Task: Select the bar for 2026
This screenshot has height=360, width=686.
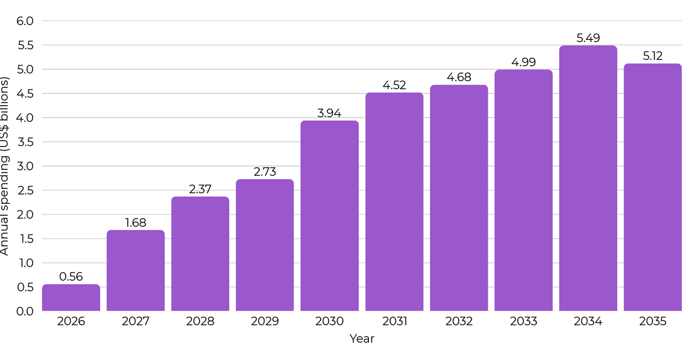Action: [x=71, y=298]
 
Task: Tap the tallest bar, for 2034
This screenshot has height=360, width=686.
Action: [x=588, y=178]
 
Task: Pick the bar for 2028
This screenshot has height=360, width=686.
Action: [x=200, y=254]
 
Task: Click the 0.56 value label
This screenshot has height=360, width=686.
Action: [x=71, y=277]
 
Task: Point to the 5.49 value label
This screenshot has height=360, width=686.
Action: [x=588, y=38]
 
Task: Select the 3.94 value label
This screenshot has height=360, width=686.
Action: [x=330, y=113]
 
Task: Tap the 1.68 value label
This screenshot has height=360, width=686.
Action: [x=136, y=223]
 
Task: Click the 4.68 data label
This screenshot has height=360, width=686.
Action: [x=459, y=78]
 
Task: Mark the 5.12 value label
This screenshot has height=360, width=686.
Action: [x=652, y=56]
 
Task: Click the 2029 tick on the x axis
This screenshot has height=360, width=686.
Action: [x=265, y=321]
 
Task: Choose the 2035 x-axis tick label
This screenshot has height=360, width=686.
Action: [x=652, y=321]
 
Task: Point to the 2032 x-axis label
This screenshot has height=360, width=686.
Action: [x=459, y=321]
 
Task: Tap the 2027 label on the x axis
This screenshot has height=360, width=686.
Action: [x=136, y=321]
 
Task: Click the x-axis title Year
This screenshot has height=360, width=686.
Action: [x=362, y=339]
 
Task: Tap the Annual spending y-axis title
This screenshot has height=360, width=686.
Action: [x=6, y=165]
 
